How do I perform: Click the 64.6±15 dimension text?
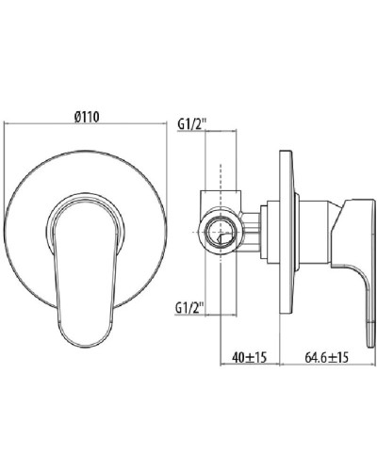[x=329, y=359]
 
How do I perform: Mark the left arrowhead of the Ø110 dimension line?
[x=8, y=124]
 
